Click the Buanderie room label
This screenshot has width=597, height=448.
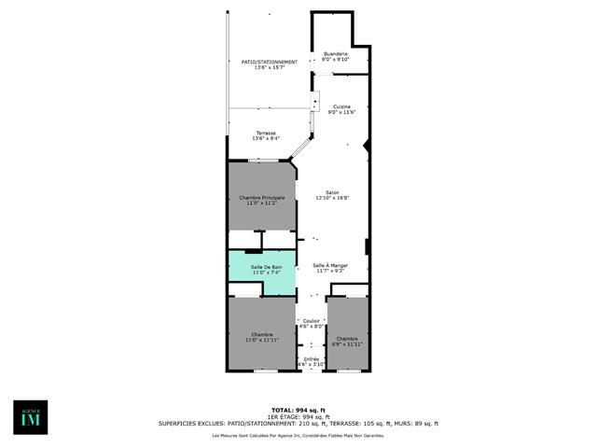pyautogui.click(x=336, y=54)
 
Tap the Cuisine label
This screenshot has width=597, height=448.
pyautogui.click(x=342, y=106)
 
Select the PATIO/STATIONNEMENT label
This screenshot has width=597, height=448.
pyautogui.click(x=263, y=62)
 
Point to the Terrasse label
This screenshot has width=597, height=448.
pyautogui.click(x=266, y=133)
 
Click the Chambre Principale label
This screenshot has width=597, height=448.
pyautogui.click(x=261, y=197)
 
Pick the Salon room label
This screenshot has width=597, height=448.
pyautogui.click(x=332, y=192)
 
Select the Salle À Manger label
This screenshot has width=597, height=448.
pyautogui.click(x=331, y=265)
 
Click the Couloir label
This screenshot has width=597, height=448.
pyautogui.click(x=311, y=321)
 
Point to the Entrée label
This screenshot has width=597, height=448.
pyautogui.click(x=311, y=358)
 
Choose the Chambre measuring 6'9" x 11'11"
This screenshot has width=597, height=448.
pyautogui.click(x=347, y=341)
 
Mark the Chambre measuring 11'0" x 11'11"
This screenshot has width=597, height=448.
pyautogui.click(x=261, y=337)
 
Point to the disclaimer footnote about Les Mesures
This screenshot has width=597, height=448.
pyautogui.click(x=312, y=436)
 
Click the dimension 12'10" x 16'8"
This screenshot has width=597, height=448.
pyautogui.click(x=332, y=198)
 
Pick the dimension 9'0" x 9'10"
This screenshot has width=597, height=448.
pyautogui.click(x=336, y=60)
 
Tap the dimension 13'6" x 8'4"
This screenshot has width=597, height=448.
pyautogui.click(x=266, y=138)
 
